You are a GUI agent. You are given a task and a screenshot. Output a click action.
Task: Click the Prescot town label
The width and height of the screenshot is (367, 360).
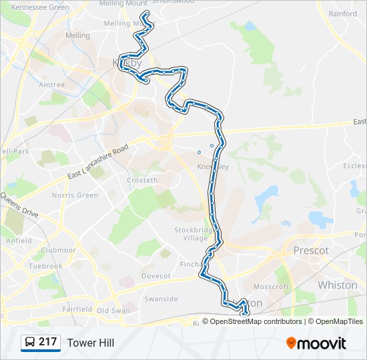311,251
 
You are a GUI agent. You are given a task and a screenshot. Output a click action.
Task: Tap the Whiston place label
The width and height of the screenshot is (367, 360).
337,285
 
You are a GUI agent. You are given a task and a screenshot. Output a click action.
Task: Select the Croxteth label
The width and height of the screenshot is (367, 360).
142,180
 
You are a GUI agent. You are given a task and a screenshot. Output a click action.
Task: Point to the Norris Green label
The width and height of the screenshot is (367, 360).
75,195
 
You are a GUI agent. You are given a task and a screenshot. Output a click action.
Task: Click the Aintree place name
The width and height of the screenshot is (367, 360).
51,85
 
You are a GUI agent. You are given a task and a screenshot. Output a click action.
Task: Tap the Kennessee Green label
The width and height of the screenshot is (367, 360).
41,7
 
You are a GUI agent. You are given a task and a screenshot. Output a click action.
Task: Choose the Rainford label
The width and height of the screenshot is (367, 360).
343,13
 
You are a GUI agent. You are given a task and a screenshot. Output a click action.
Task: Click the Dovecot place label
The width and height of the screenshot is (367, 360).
156,275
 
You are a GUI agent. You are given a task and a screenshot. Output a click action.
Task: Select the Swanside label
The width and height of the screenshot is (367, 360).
161,299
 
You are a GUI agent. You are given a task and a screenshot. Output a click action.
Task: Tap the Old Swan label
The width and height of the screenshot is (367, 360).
113,311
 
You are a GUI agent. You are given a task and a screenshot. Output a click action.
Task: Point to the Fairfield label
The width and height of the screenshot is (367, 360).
77,309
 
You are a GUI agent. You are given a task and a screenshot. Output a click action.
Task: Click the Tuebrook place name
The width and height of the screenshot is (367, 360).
46,266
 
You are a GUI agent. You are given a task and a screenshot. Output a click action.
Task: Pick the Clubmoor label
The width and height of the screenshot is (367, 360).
58,251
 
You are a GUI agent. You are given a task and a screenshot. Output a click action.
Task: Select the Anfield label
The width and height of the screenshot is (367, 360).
19,241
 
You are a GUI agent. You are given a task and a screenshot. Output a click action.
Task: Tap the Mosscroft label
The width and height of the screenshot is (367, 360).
272,287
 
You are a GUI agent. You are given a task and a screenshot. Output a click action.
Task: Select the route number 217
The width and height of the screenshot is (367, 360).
47,342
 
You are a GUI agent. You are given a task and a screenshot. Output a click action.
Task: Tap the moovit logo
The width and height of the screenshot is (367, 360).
316,343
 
